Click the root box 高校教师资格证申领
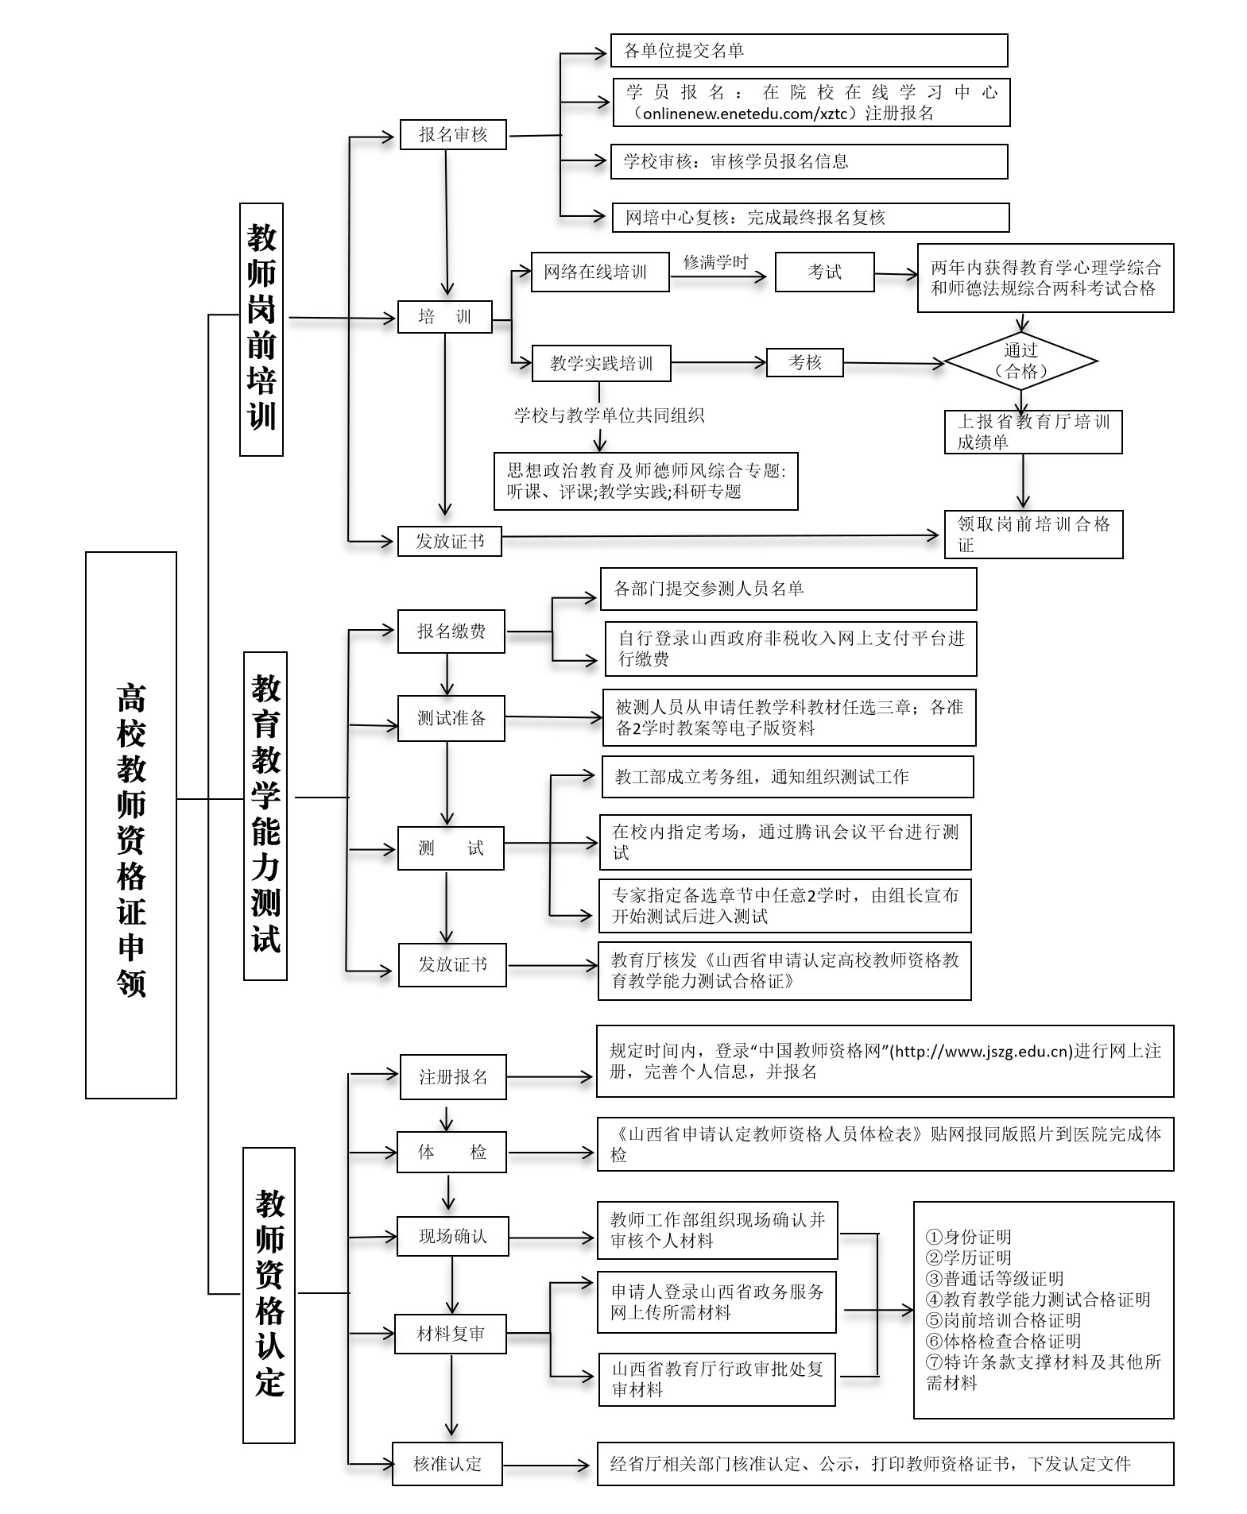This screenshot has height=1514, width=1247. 131,825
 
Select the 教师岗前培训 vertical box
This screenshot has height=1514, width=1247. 261,329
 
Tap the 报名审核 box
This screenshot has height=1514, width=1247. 453,135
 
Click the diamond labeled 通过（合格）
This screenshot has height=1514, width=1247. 1021,361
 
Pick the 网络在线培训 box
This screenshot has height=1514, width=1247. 600,272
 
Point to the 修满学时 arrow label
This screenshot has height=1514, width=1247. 716,262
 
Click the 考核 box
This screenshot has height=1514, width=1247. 804,362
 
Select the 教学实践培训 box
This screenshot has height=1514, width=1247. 601,364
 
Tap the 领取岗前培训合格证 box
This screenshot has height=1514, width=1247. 1033,534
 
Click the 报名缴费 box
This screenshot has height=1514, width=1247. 451,631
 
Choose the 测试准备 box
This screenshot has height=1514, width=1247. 451,719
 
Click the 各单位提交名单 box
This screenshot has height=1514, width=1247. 809,51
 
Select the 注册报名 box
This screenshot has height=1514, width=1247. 453,1077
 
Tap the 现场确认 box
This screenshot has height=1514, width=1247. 452,1237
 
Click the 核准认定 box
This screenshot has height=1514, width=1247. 447,1464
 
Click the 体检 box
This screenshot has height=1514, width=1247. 452,1153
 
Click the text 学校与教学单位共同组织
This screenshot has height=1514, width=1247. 609,415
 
